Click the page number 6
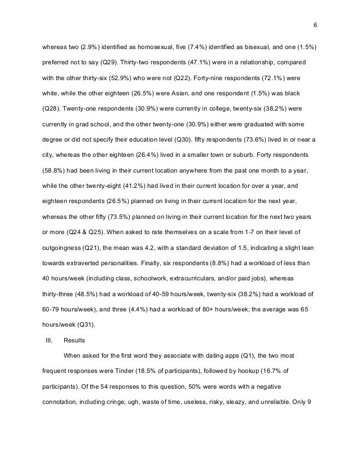(x=315, y=25)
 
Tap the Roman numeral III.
(x=48, y=340)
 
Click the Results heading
(x=74, y=340)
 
